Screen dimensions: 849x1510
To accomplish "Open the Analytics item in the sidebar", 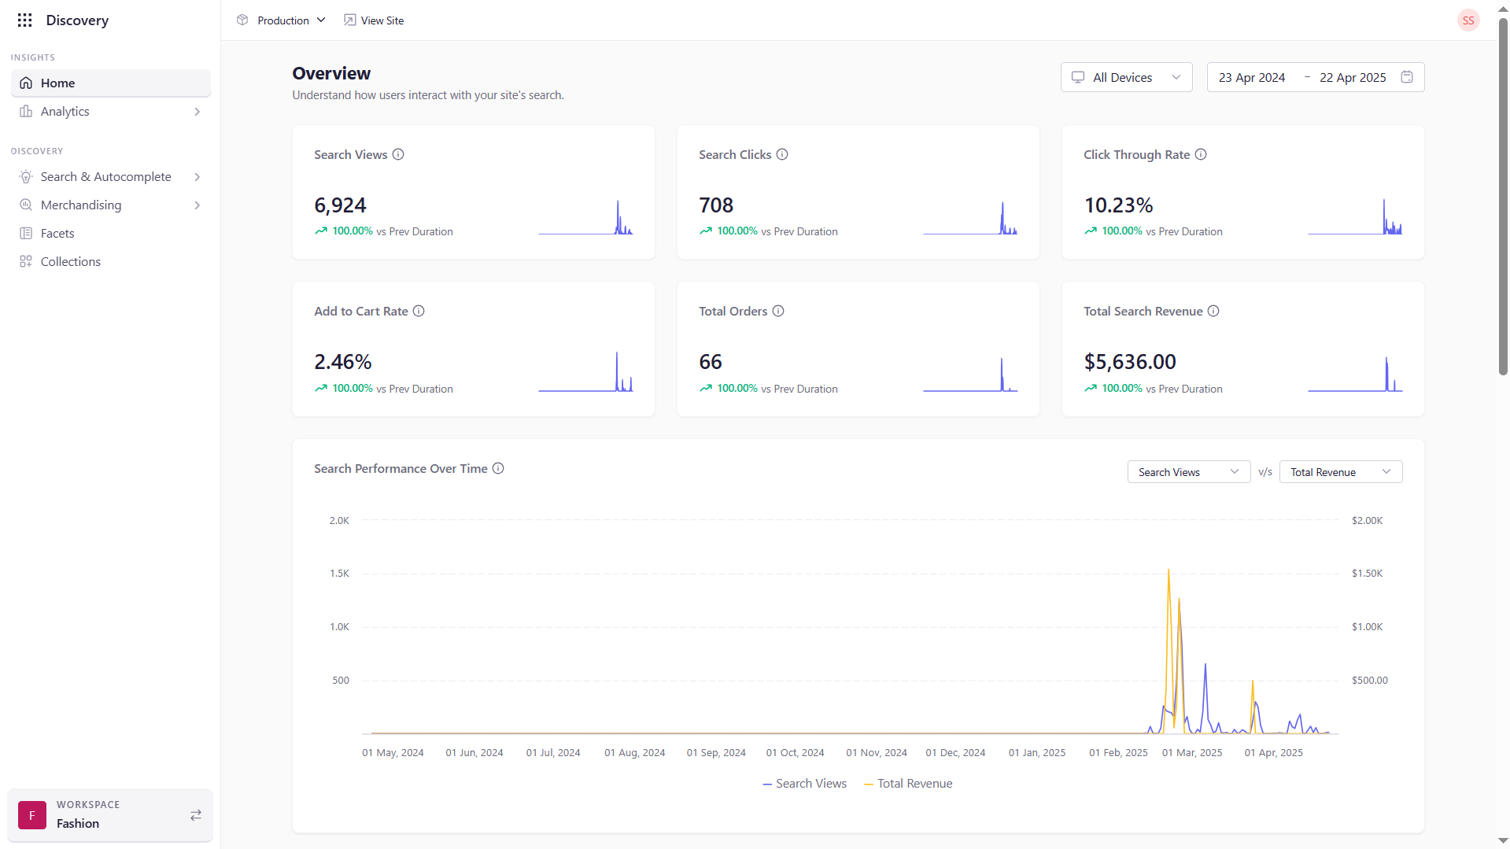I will coord(65,112).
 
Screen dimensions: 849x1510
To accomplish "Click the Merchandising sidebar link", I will coord(81,205).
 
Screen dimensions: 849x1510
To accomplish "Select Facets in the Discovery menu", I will coord(57,234).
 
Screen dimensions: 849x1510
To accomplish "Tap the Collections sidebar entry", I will coord(71,262).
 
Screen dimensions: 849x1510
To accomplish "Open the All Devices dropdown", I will coord(1126,77).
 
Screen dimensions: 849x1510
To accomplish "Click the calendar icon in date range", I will coord(1407,77).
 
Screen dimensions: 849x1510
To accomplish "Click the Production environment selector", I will coord(282,20).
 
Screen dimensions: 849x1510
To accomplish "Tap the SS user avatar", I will coord(1468,20).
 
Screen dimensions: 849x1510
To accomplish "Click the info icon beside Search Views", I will coord(398,154).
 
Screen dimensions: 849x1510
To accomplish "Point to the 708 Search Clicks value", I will coord(716,205).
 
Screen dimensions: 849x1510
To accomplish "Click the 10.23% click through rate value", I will coord(1118,205).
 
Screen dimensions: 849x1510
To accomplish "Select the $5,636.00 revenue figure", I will coord(1130,362).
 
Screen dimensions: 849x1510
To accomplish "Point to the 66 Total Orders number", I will coord(711,362).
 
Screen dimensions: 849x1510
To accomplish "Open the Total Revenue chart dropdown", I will coord(1340,472).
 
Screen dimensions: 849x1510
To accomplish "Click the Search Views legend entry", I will coord(804,784).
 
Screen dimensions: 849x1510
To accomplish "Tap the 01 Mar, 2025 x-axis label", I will coord(1192,753).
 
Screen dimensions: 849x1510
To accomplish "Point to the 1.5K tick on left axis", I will coord(339,574).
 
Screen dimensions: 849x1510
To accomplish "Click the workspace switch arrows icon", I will coord(196,815).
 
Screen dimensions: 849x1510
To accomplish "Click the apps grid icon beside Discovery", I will coord(25,20).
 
